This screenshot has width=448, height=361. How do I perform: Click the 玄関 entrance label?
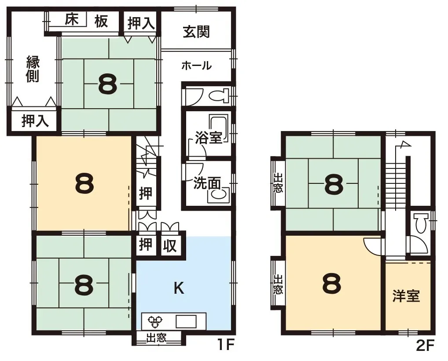coord(196,32)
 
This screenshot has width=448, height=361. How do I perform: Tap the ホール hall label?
coord(196,66)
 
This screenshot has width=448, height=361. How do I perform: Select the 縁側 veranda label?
coord(33,69)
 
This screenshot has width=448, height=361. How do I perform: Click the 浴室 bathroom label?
coord(209,138)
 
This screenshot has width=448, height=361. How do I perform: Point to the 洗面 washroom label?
coord(206,182)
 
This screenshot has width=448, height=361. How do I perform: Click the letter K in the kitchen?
coord(178,288)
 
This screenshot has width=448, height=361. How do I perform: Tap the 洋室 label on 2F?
coord(406,296)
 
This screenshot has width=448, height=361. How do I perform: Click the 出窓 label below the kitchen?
coord(156,338)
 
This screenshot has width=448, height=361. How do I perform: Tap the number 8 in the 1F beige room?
coord(84,184)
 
